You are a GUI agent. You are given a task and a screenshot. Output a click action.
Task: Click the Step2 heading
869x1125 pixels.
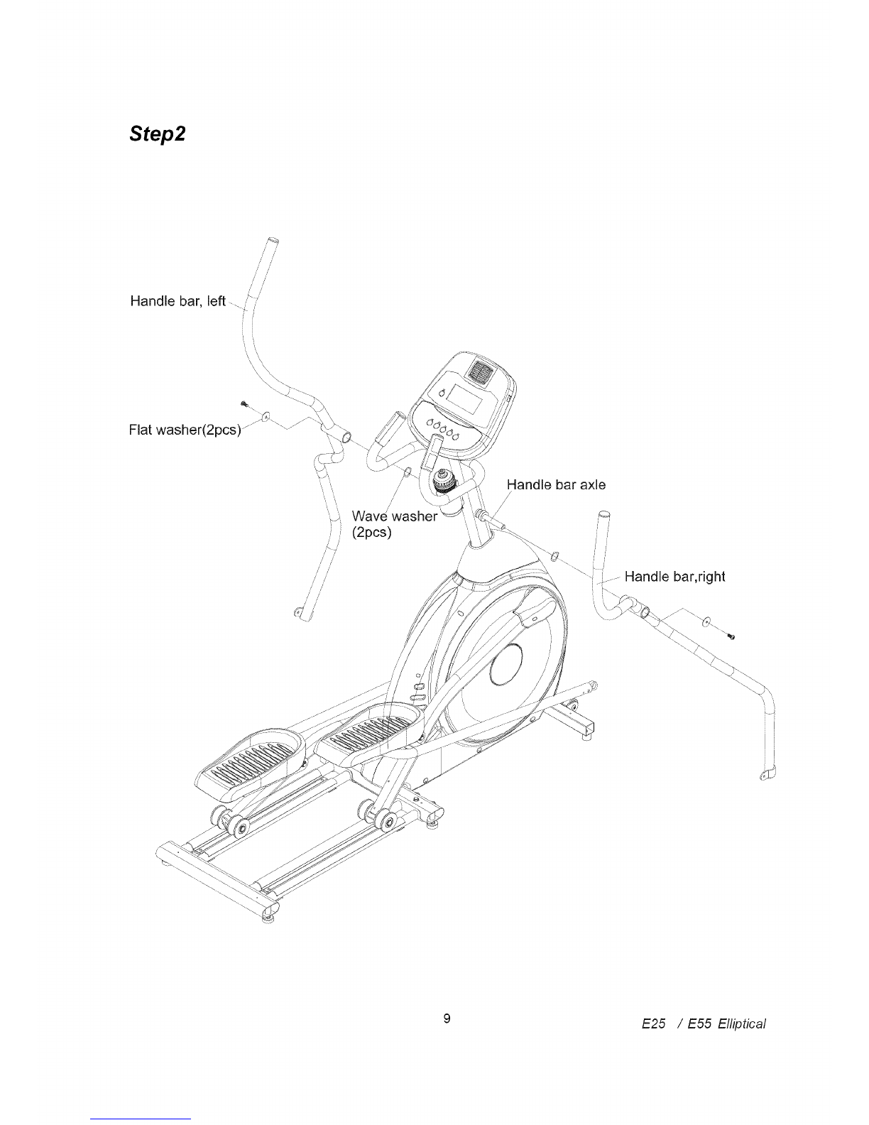[158, 134]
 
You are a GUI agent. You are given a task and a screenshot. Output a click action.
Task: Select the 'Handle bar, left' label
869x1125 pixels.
[177, 301]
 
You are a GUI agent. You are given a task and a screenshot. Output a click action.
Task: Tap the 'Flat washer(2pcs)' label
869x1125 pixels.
[185, 430]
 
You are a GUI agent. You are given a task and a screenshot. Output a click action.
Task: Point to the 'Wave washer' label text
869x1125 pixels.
[395, 516]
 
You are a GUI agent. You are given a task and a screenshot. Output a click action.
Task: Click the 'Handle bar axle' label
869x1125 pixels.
[556, 484]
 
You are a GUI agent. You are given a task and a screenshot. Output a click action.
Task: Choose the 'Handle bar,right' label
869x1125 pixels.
[674, 576]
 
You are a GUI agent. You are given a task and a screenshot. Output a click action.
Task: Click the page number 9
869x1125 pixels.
[447, 1018]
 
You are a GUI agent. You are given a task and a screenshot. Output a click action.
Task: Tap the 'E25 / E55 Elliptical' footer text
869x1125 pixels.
[704, 1023]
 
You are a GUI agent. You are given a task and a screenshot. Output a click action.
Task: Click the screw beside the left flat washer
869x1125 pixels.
[244, 403]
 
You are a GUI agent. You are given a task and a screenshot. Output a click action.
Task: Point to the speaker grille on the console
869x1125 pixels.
[481, 371]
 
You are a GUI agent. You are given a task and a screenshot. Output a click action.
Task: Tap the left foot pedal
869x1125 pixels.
[250, 762]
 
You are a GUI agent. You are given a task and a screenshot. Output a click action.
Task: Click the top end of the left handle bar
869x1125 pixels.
[272, 241]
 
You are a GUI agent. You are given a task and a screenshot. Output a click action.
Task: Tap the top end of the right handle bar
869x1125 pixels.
[603, 515]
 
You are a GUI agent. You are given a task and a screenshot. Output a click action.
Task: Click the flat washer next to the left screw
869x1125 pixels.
[266, 415]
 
